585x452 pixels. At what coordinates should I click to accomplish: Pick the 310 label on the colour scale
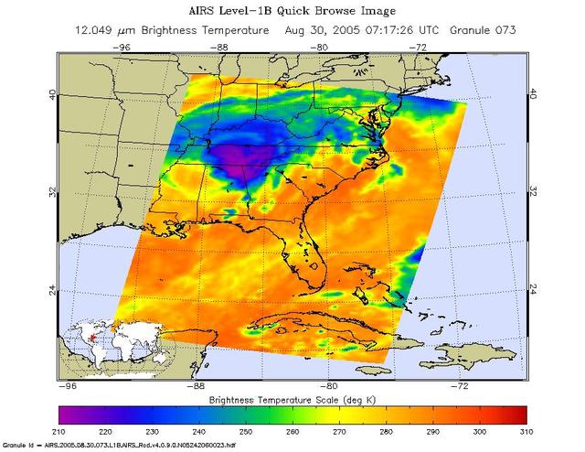pyautogui.click(x=526, y=430)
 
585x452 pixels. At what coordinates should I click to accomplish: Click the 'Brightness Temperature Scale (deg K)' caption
pyautogui.click(x=292, y=401)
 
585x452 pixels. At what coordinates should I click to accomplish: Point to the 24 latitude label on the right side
pyautogui.click(x=534, y=290)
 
